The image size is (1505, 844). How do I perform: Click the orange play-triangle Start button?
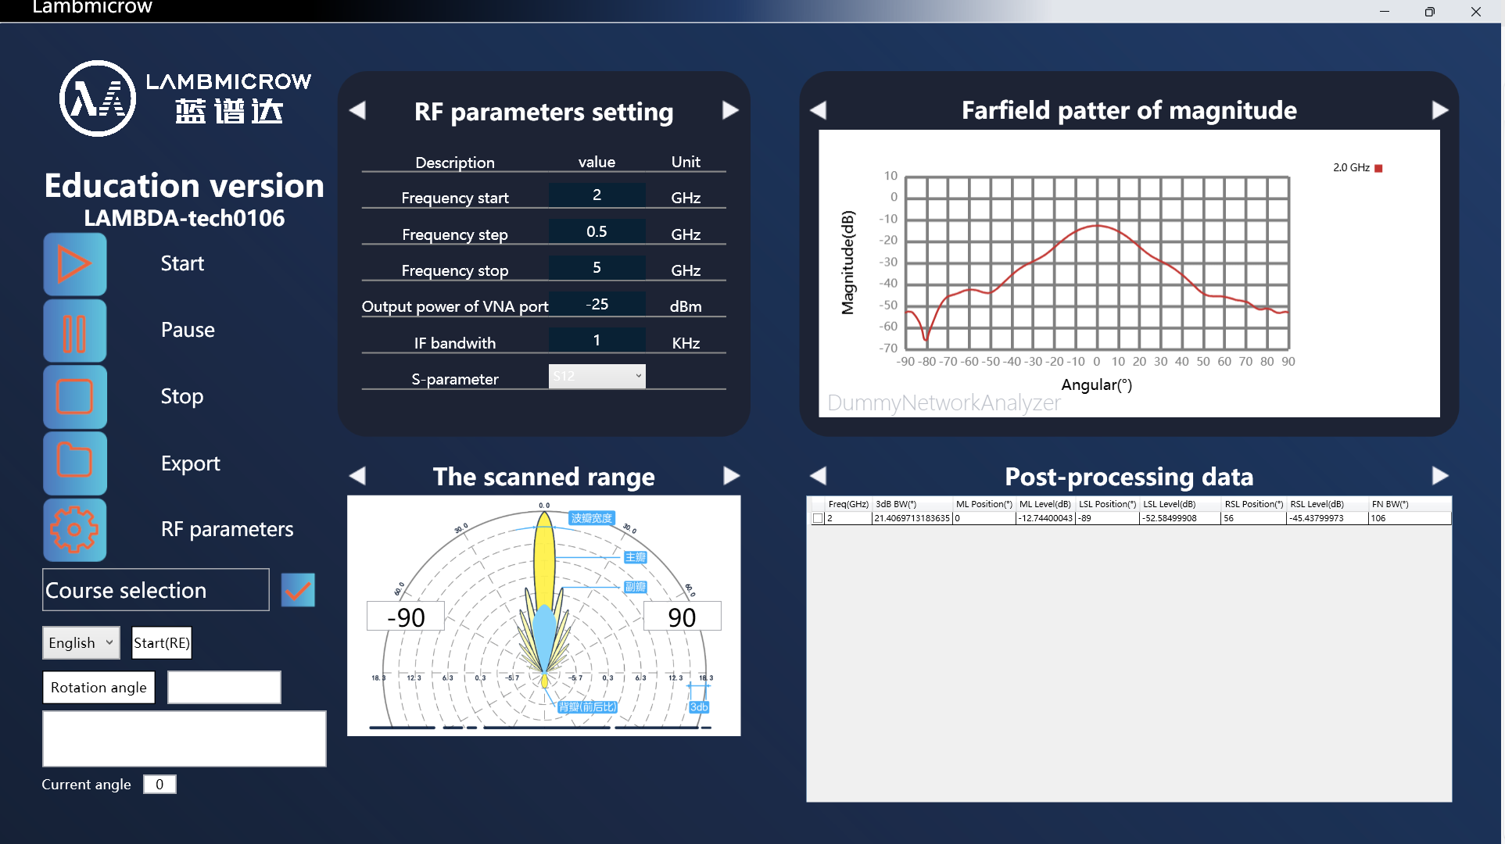click(75, 264)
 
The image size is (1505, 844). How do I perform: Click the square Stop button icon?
click(75, 397)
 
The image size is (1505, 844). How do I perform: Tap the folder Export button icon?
click(75, 463)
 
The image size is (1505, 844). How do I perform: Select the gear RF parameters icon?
click(75, 530)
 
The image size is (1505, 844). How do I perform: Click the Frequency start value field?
click(597, 195)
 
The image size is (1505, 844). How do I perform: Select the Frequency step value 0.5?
click(597, 231)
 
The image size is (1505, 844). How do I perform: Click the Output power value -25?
click(597, 304)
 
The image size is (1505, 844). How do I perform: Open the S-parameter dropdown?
click(597, 376)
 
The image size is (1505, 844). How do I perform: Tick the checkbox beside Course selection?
click(298, 590)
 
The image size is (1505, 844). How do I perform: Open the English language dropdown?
click(81, 642)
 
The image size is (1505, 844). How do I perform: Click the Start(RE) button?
click(161, 642)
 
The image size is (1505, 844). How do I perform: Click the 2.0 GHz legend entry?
click(1356, 168)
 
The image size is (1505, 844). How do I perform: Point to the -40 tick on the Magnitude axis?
click(888, 283)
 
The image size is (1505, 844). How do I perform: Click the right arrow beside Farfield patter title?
click(1439, 110)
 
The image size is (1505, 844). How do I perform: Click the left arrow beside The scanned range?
click(357, 476)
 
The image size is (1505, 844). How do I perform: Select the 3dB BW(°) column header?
click(896, 504)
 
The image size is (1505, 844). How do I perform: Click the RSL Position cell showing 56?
click(1252, 518)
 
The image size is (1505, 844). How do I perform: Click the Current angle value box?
click(159, 784)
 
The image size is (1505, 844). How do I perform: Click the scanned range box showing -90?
click(406, 617)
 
